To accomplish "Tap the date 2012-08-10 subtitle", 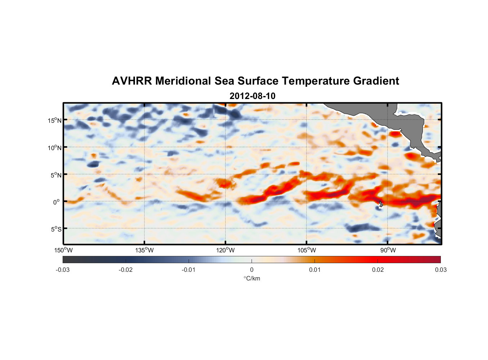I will click(x=252, y=96).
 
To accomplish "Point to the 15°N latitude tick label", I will click(x=55, y=120).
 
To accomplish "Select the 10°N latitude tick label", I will click(x=55, y=148).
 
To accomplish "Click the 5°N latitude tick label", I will click(x=56, y=175).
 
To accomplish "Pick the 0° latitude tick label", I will click(x=57, y=202).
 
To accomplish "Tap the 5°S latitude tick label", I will click(x=56, y=229).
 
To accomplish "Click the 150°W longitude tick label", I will click(x=64, y=250).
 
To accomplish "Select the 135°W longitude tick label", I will click(x=145, y=250).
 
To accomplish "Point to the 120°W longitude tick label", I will click(x=226, y=250).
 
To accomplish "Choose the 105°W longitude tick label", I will click(x=307, y=250).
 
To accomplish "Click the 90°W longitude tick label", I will click(x=388, y=250).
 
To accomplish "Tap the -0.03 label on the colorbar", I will click(x=63, y=270).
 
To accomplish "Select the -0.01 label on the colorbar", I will click(x=189, y=270).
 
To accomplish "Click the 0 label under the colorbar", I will click(x=252, y=270).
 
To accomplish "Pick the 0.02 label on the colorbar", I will click(x=378, y=270).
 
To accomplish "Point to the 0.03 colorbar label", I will click(x=440, y=270).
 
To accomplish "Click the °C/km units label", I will click(x=252, y=278).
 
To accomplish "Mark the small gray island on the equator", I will click(x=381, y=204).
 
